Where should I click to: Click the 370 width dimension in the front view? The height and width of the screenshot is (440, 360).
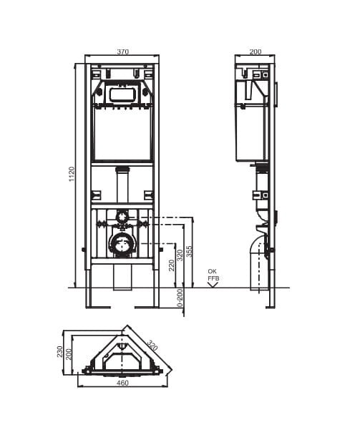coord(122,52)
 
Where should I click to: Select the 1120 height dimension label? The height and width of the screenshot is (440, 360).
coord(72,174)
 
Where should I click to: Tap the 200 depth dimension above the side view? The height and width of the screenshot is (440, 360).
coord(256,52)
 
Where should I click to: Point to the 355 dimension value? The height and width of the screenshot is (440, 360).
coord(190,251)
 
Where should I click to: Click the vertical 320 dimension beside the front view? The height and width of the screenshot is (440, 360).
coord(180,255)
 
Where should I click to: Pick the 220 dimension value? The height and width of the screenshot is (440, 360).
coord(171,265)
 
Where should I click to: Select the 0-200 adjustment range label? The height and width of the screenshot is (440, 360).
coord(180,298)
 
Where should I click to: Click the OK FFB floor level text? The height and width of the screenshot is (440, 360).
coord(213,275)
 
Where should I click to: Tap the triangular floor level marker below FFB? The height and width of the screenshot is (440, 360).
coord(213,285)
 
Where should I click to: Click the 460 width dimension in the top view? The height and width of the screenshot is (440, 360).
coord(122,383)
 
